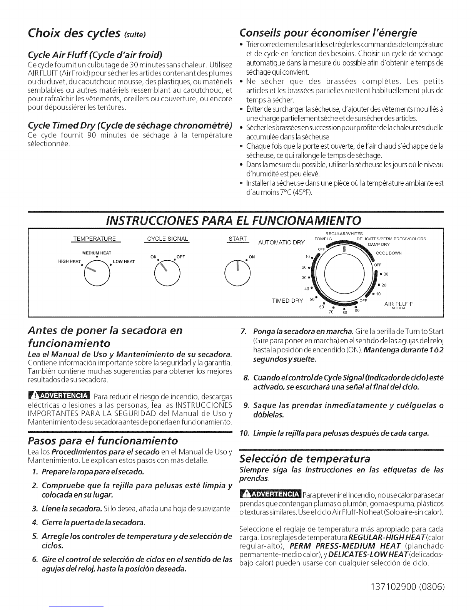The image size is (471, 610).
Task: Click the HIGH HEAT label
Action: (x=69, y=262)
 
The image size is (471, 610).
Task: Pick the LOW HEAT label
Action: (x=124, y=262)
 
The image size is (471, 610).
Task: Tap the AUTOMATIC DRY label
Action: (x=281, y=243)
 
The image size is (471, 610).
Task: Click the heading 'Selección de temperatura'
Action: (x=304, y=459)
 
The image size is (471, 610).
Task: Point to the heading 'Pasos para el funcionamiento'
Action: (x=104, y=440)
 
